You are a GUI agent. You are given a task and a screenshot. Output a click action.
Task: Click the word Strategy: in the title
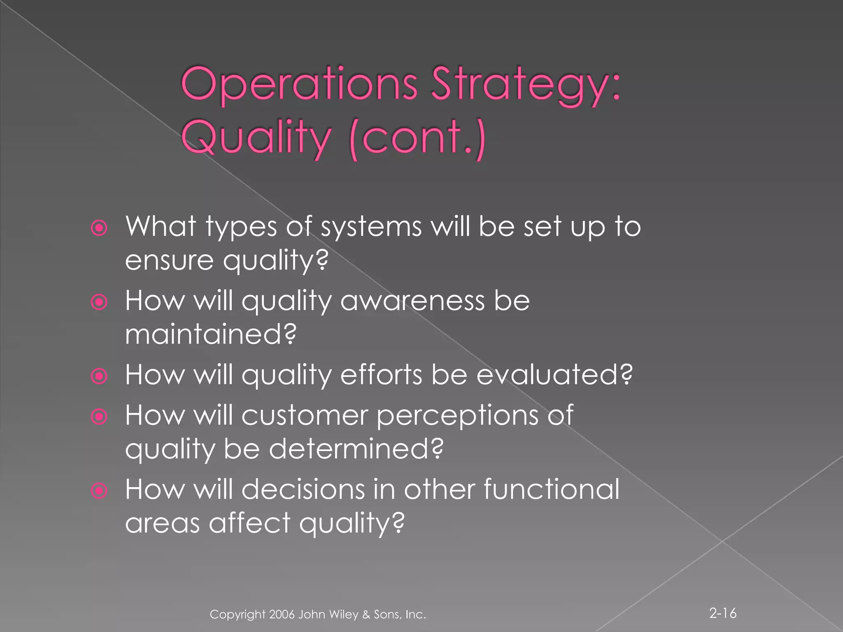coord(526,84)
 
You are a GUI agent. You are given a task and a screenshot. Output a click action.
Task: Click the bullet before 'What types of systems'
coord(99,228)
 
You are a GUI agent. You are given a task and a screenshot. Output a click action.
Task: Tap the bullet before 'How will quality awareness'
coord(99,302)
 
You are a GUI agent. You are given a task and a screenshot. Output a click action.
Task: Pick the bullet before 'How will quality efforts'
coord(99,376)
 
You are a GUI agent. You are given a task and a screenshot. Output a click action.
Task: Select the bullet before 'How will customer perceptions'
coord(99,416)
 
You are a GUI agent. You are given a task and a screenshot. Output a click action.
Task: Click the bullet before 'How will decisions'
coord(99,490)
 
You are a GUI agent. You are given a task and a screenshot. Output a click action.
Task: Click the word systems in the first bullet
coord(371,228)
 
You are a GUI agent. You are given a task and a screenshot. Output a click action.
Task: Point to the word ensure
coord(169,260)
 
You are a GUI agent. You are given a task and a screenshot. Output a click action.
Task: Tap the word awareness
coord(412,301)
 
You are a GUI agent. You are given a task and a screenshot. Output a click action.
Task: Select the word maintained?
coord(210,334)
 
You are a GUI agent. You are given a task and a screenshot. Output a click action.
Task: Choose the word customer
coord(305,415)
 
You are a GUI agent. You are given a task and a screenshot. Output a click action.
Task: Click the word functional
coord(551,489)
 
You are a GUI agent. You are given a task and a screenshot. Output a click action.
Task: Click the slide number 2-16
coord(722,613)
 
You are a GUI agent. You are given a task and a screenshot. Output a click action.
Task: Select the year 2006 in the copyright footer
coord(282,614)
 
